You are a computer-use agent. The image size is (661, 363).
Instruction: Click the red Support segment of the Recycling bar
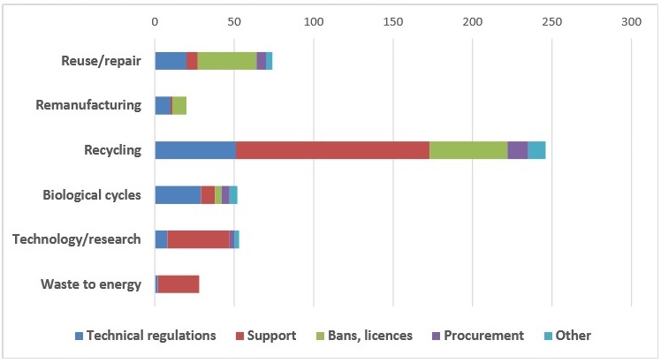[x=332, y=150]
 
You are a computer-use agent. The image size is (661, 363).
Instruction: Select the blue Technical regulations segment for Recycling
[x=195, y=150]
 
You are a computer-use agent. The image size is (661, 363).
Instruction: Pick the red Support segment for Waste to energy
[x=179, y=284]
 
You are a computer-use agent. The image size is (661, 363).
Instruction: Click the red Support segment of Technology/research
[x=198, y=239]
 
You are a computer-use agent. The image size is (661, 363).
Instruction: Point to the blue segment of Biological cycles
[x=178, y=194]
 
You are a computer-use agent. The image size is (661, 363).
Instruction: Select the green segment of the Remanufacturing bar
[x=179, y=105]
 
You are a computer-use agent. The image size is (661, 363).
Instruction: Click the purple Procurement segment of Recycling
[x=517, y=150]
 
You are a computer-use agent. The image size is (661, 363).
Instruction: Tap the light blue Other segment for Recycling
[x=536, y=150]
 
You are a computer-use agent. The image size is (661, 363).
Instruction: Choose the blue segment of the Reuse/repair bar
[x=171, y=60]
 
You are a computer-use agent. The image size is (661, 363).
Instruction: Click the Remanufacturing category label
[x=88, y=105]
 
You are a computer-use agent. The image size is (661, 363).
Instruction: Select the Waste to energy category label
[x=91, y=284]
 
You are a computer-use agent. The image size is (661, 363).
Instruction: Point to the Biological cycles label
[x=92, y=194]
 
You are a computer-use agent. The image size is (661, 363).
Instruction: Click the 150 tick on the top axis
[x=392, y=19]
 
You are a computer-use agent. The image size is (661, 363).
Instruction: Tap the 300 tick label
[x=630, y=19]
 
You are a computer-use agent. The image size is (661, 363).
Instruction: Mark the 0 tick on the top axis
[x=155, y=19]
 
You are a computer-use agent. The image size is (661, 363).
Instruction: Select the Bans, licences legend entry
[x=363, y=336]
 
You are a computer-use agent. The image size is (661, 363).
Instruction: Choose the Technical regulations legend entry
[x=151, y=336]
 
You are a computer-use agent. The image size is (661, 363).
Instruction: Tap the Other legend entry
[x=574, y=336]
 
